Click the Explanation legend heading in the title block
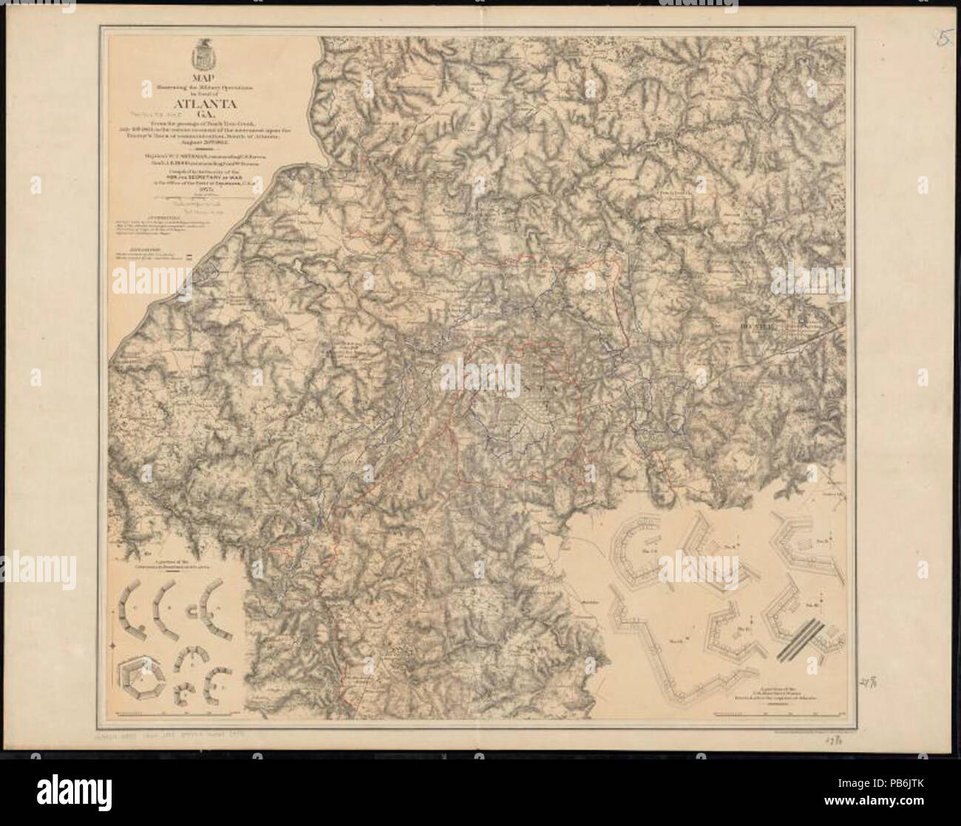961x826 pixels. pos(131,248)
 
